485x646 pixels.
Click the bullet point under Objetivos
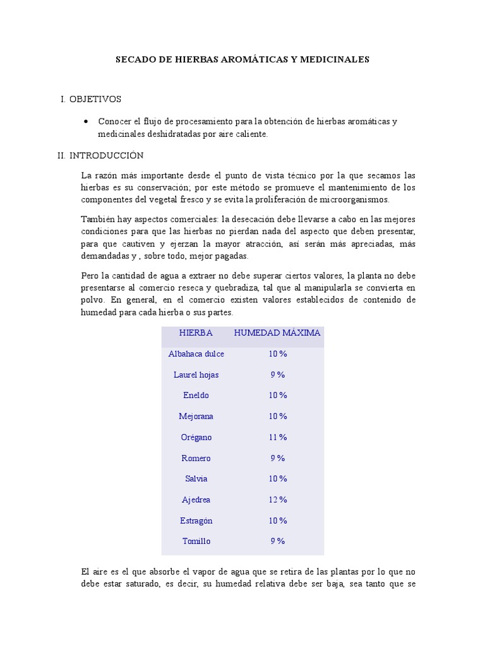[x=86, y=121]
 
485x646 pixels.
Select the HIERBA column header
[x=196, y=332]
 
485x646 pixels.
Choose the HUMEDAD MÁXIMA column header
[x=277, y=332]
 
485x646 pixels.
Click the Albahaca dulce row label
[x=196, y=354]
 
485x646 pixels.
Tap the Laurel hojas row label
[x=196, y=375]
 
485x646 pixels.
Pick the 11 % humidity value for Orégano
[x=277, y=437]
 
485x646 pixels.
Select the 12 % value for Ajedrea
[x=277, y=500]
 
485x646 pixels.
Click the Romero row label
[x=196, y=458]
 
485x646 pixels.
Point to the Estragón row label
[x=196, y=520]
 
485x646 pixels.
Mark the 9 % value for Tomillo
[x=277, y=541]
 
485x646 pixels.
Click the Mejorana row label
[x=196, y=416]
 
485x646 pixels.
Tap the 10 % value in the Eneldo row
[x=277, y=396]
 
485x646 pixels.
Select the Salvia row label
[x=196, y=479]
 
